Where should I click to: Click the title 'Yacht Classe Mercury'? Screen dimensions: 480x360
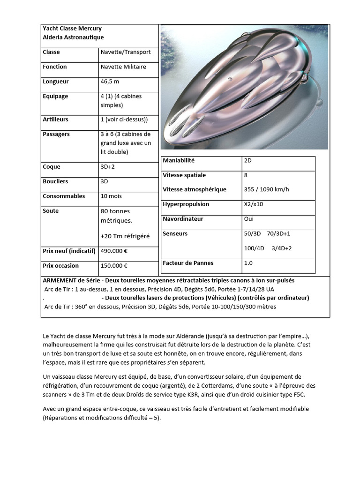[72, 29]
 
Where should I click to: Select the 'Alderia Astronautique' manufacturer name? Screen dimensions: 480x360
[73, 37]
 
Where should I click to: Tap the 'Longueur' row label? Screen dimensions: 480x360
[55, 82]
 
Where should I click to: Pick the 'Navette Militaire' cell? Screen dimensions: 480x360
[123, 67]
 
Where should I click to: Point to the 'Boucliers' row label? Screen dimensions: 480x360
[55, 181]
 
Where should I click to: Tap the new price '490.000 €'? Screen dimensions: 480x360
[114, 251]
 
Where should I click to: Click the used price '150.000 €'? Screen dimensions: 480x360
[114, 266]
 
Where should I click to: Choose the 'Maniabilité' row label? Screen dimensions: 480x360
[178, 161]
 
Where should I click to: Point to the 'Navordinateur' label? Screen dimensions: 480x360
[183, 219]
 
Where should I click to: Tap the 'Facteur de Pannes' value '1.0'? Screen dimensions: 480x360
[248, 263]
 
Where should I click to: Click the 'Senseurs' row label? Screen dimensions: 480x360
[175, 233]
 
